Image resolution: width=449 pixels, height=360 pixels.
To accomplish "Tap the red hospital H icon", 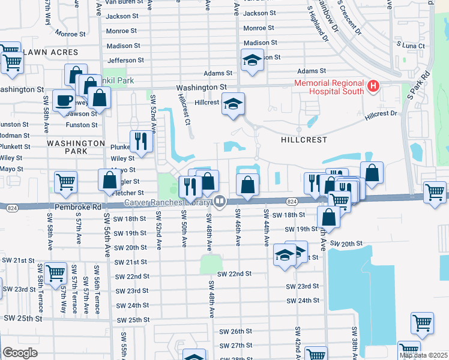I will point(373,87).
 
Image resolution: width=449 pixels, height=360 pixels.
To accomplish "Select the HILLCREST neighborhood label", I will point(303,139).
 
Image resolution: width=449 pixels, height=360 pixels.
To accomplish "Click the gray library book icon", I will point(220,202).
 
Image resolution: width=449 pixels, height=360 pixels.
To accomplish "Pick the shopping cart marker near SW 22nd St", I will point(55,272).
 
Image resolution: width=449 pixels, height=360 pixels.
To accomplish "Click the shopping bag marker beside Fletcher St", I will point(110,180).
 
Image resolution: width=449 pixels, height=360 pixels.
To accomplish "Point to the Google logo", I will point(20,352).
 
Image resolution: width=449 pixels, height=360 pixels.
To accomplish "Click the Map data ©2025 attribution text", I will point(423,355).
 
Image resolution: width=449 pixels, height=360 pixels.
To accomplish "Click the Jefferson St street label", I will point(125,60).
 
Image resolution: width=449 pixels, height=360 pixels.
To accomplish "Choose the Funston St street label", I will point(82,125).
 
